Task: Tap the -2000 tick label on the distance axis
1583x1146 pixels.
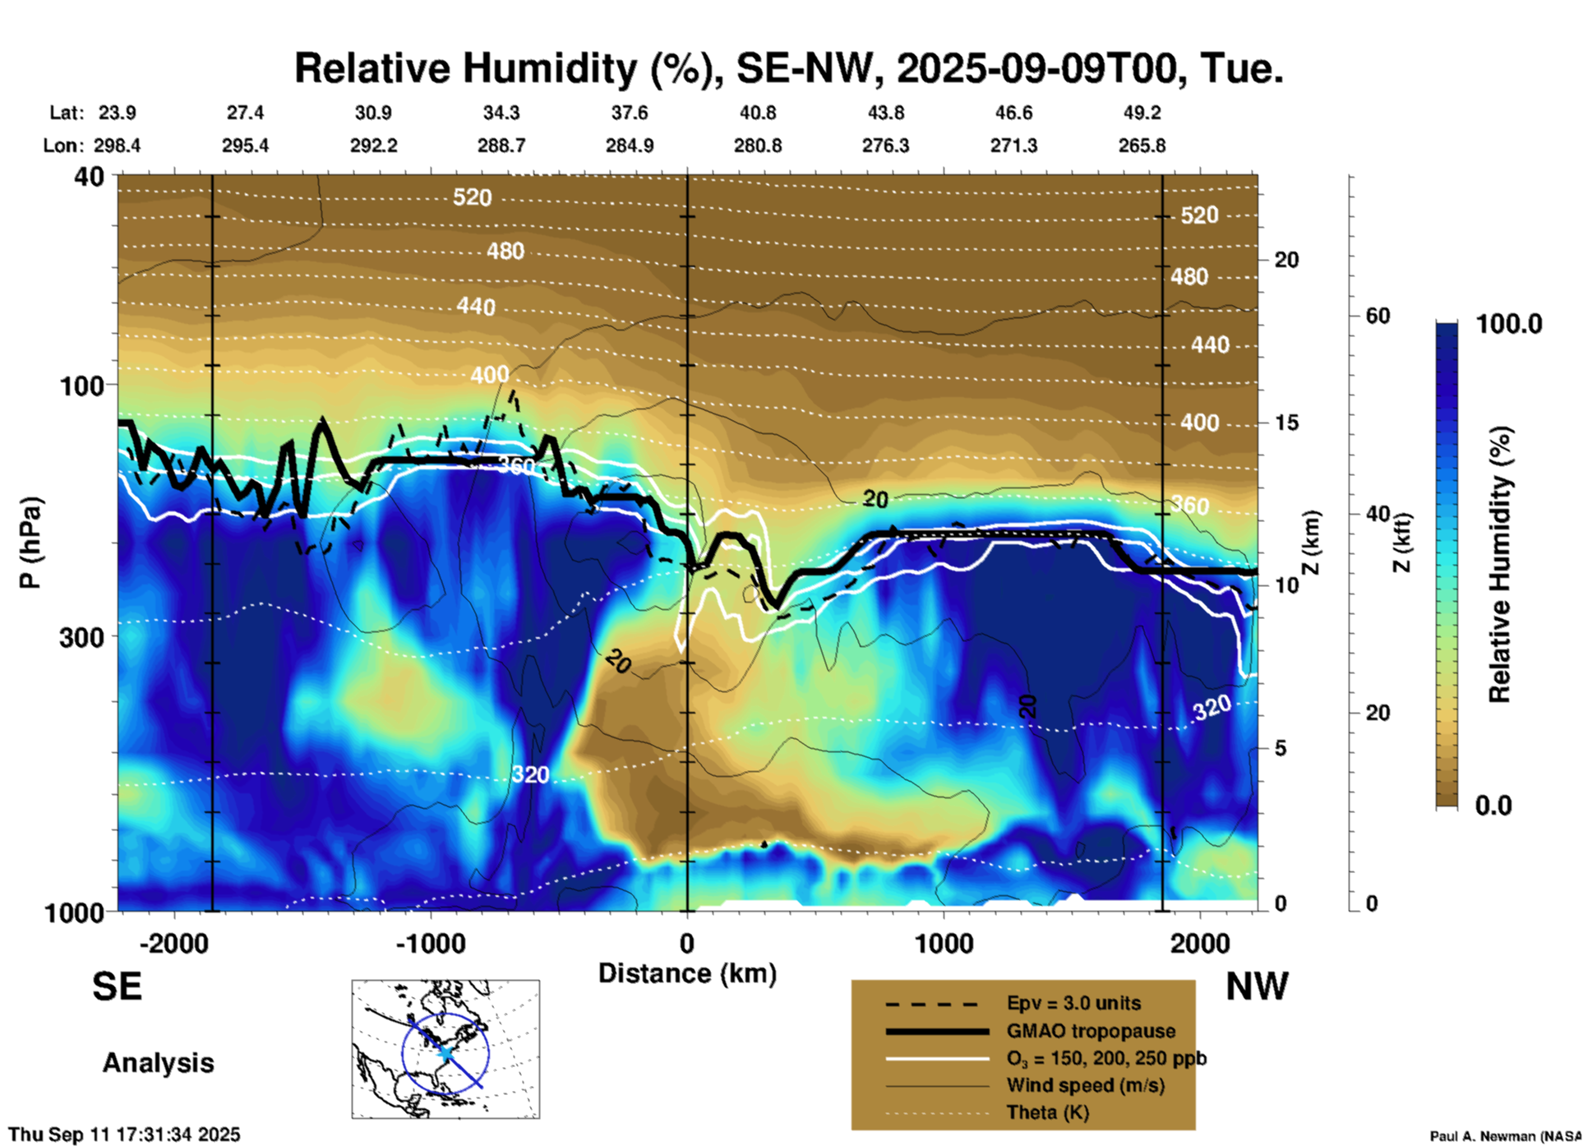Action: pos(173,943)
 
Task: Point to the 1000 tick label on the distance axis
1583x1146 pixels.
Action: pos(944,943)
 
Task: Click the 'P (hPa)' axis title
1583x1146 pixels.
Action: pos(30,543)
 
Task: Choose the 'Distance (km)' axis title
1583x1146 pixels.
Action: pos(687,973)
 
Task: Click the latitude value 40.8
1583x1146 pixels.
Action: pos(757,113)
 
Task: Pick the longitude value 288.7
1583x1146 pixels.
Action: pos(501,146)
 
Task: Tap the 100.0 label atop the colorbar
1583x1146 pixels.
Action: pos(1509,324)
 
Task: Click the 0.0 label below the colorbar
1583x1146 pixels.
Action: pos(1493,805)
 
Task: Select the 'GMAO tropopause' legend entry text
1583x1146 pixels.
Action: pos(1091,1031)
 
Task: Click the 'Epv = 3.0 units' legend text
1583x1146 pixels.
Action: pos(1073,1004)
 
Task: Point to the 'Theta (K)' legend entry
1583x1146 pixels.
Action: pos(1047,1112)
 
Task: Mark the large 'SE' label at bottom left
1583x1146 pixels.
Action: pos(117,987)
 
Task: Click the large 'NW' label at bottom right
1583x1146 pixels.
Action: pos(1257,987)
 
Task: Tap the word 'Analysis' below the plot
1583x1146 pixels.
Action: pos(158,1063)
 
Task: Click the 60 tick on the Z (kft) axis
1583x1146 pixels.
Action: pos(1378,316)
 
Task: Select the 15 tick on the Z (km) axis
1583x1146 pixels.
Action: pos(1286,423)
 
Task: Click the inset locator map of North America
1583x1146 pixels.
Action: pos(445,1049)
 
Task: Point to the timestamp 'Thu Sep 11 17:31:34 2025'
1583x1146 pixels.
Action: pos(124,1134)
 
